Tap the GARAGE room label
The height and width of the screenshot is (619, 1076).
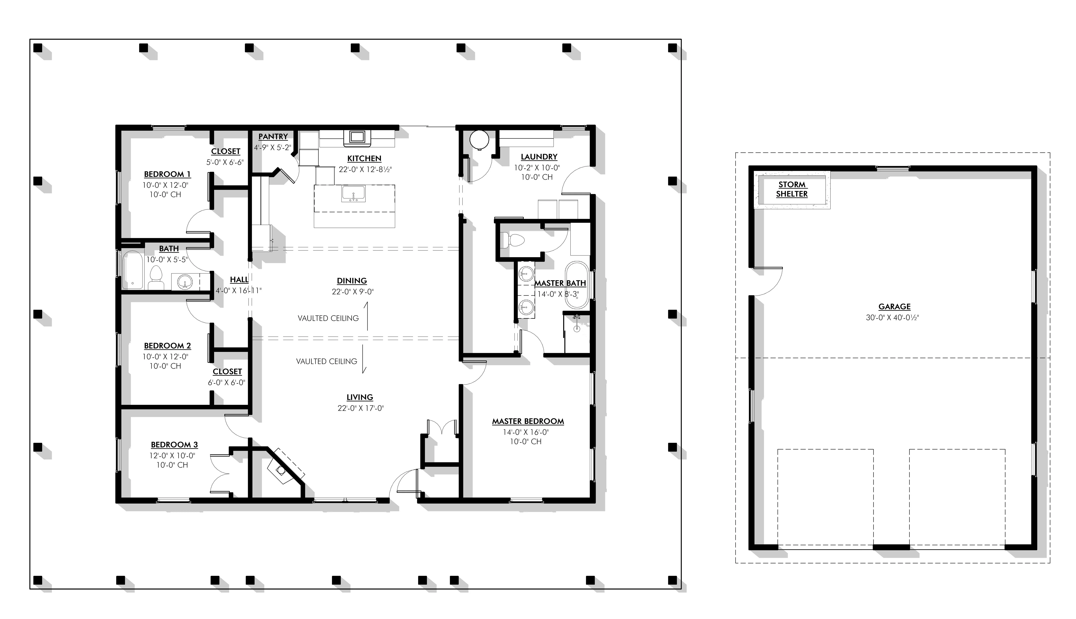[894, 307]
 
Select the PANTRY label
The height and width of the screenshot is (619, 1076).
[273, 136]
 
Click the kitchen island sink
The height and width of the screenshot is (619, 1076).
[353, 194]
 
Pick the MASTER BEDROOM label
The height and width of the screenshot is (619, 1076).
[528, 421]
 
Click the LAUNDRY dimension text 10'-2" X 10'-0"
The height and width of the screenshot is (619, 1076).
[537, 167]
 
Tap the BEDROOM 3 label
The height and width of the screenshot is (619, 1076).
[174, 445]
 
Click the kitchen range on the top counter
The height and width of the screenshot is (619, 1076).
[356, 136]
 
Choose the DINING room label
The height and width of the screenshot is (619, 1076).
[352, 281]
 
